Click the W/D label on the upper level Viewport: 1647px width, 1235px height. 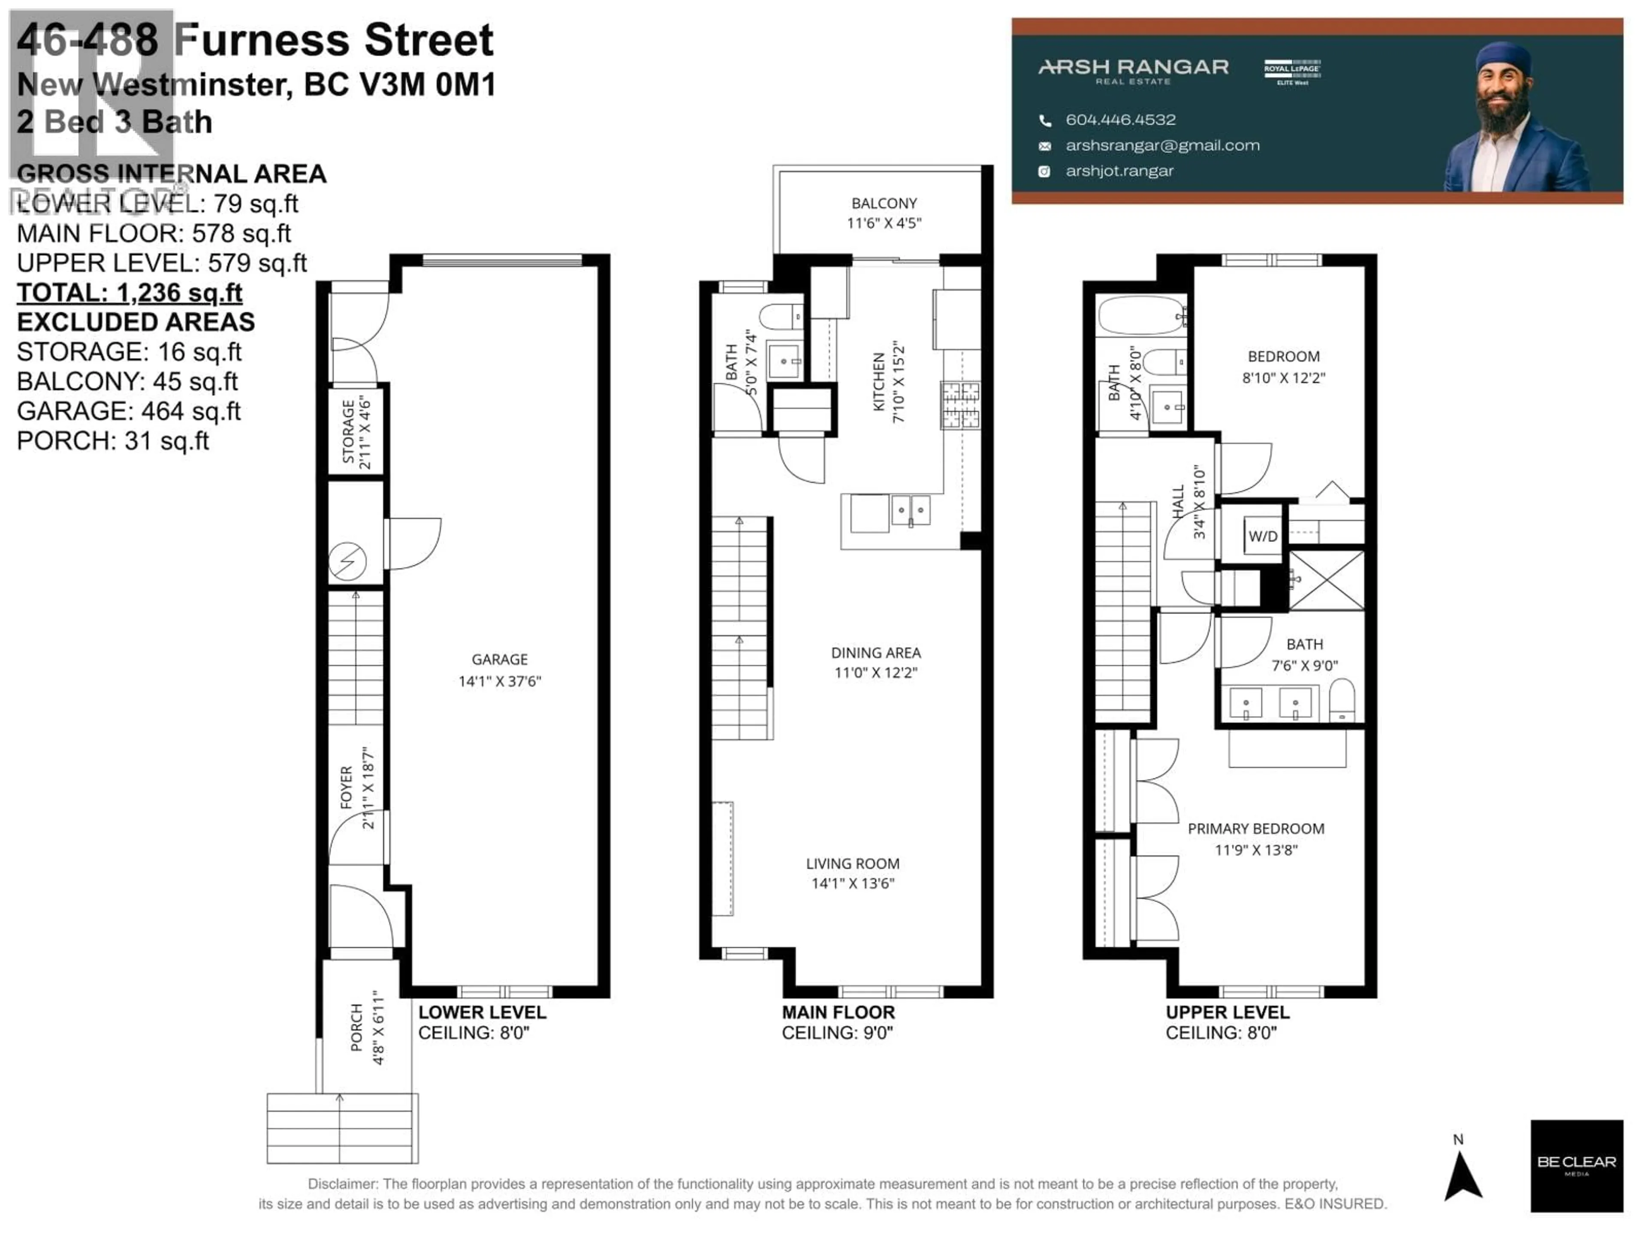tap(1263, 536)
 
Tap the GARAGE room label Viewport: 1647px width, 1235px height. tap(500, 660)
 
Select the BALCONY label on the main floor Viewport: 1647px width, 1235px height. tap(884, 203)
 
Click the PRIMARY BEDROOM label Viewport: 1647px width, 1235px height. tap(1255, 828)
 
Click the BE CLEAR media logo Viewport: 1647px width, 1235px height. tap(1576, 1166)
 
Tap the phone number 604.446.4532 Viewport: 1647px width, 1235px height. tap(1121, 120)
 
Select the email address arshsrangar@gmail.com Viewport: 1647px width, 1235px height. tap(1162, 145)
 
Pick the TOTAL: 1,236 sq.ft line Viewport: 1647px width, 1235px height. tap(130, 292)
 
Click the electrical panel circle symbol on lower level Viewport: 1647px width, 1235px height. tap(347, 561)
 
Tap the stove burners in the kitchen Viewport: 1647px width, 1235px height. tap(960, 406)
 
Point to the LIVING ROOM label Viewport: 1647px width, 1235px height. tap(853, 864)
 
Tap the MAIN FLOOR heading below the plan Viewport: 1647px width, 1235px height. tap(838, 1012)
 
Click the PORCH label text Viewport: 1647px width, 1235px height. tap(357, 1028)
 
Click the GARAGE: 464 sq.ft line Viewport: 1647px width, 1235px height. tap(129, 411)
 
